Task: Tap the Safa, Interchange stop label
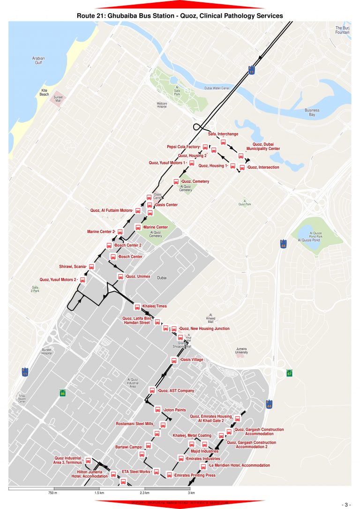coord(223,134)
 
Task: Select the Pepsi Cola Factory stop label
coord(183,147)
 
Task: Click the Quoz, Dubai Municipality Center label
coord(266,146)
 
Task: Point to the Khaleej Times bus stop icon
coord(137,307)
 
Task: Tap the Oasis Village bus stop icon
coord(174,360)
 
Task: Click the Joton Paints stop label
coord(174,410)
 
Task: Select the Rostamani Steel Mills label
coord(135,424)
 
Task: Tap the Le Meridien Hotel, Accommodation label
coord(239,465)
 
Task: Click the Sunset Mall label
coord(58,99)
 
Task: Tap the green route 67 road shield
coord(290,373)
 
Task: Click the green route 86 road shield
coord(62,393)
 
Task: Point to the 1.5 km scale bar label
coord(99,493)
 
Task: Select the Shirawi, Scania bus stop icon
coord(91,266)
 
